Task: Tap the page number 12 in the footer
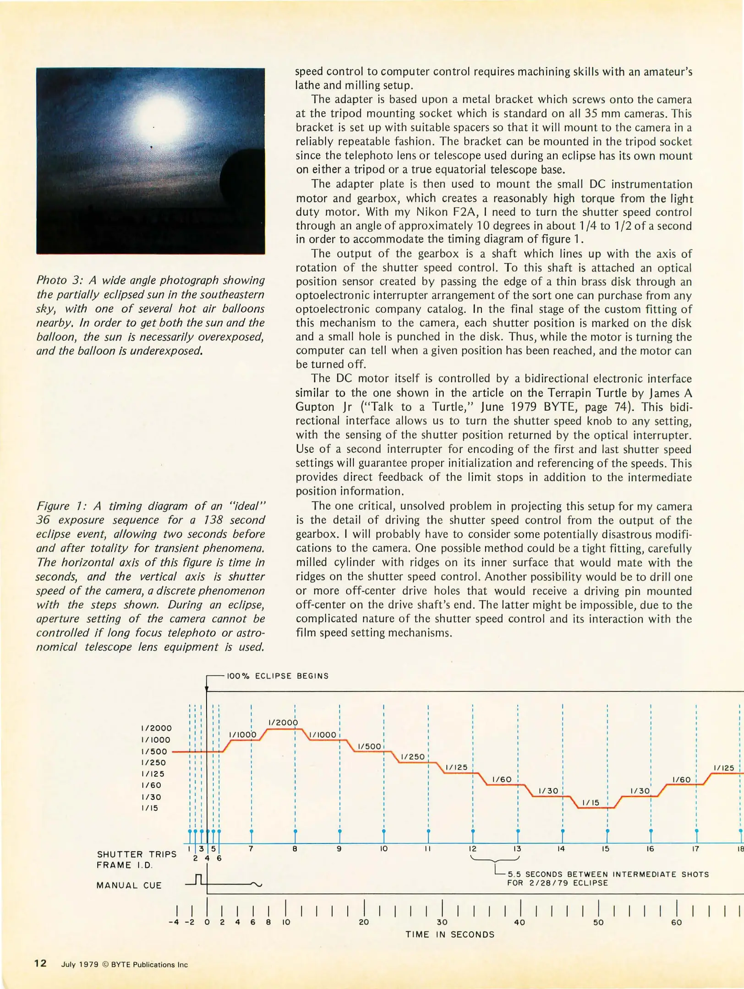(x=40, y=963)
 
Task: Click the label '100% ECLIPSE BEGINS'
(x=278, y=676)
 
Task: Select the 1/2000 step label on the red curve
(x=283, y=723)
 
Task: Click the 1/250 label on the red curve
(x=412, y=757)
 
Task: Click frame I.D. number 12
(x=472, y=849)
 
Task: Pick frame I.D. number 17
(x=695, y=849)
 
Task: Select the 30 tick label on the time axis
(x=442, y=922)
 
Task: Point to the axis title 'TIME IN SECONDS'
(x=449, y=935)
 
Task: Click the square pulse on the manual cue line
(x=198, y=879)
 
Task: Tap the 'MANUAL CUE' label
(x=129, y=886)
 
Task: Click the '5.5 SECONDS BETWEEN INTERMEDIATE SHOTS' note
(x=608, y=874)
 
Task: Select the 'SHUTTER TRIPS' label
(x=137, y=854)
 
